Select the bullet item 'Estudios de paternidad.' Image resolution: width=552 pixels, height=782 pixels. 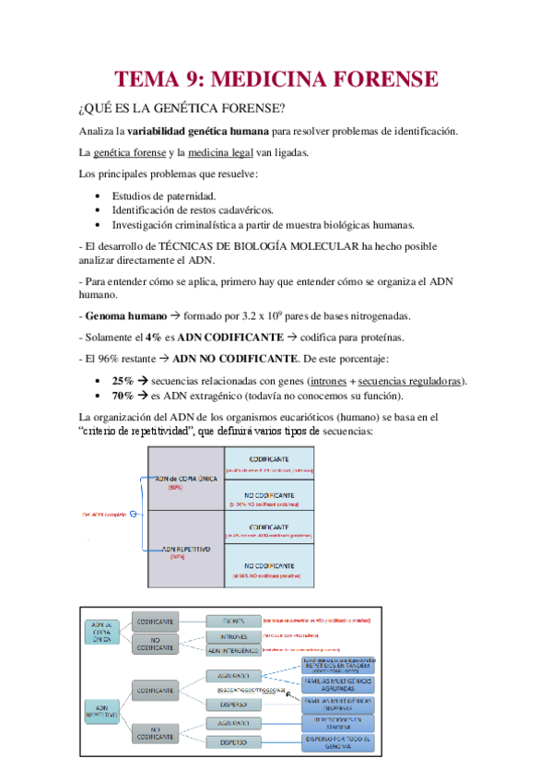164,196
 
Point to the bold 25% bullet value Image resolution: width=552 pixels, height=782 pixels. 122,381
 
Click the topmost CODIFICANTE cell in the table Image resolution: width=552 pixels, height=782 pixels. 270,459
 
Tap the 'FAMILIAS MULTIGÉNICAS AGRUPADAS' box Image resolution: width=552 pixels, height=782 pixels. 337,684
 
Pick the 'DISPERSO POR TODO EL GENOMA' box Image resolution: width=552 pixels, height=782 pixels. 337,743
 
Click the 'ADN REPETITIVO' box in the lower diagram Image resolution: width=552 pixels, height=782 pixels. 102,710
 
